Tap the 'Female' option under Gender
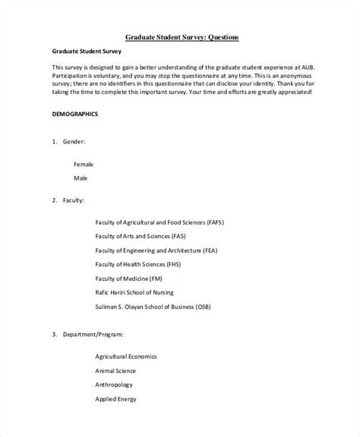pos(84,163)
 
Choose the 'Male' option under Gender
pos(81,178)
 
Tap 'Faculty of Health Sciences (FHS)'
pos(138,264)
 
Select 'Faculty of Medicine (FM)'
pos(130,278)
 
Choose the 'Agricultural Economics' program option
pos(126,335)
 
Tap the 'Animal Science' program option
pos(115,348)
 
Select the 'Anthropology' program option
pos(113,362)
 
